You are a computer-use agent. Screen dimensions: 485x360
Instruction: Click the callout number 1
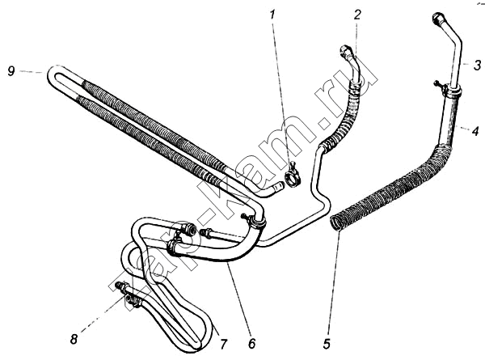pyautogui.click(x=272, y=15)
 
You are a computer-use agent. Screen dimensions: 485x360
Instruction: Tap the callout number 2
pyautogui.click(x=357, y=15)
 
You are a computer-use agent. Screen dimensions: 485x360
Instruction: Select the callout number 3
pyautogui.click(x=477, y=65)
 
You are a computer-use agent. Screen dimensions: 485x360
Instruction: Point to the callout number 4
pyautogui.click(x=475, y=130)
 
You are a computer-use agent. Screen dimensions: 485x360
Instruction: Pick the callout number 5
pyautogui.click(x=327, y=344)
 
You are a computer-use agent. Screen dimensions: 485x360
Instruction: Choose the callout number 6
pyautogui.click(x=252, y=343)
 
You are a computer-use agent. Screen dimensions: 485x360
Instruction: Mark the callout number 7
pyautogui.click(x=223, y=344)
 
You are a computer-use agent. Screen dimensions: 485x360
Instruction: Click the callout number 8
pyautogui.click(x=74, y=340)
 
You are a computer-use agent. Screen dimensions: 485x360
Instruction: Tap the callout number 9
pyautogui.click(x=11, y=71)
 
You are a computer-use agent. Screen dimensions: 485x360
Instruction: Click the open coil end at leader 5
pyautogui.click(x=336, y=222)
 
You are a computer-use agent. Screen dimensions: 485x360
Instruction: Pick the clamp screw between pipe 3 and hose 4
pyautogui.click(x=438, y=83)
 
